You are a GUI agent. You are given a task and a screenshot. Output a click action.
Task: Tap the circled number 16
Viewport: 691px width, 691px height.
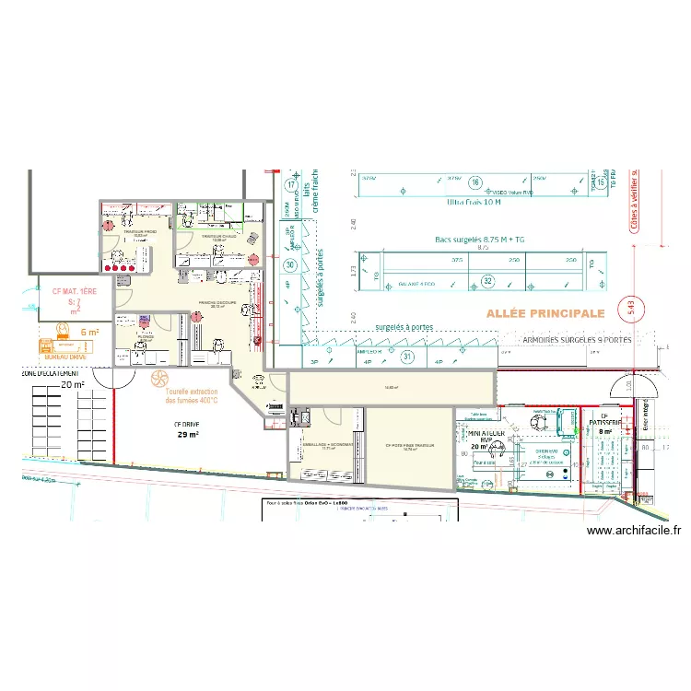pyautogui.click(x=475, y=182)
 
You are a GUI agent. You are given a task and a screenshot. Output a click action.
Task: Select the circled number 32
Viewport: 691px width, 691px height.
pyautogui.click(x=488, y=281)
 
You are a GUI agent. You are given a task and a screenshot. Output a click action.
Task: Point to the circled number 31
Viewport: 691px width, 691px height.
pyautogui.click(x=407, y=357)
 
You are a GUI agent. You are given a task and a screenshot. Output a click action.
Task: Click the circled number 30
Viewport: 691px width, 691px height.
pyautogui.click(x=290, y=266)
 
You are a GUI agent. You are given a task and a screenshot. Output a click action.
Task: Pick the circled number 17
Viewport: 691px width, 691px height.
pyautogui.click(x=290, y=186)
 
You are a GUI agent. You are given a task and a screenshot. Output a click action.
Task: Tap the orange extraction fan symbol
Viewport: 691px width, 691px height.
pyautogui.click(x=158, y=379)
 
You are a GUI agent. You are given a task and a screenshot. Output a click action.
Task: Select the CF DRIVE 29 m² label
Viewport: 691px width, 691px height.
pyautogui.click(x=187, y=429)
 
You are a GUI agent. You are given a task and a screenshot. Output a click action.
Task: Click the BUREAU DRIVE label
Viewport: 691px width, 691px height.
pyautogui.click(x=66, y=355)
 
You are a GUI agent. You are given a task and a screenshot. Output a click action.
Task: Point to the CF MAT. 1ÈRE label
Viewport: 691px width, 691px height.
pyautogui.click(x=74, y=291)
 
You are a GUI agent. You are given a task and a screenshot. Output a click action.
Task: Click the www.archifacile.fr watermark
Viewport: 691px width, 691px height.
pyautogui.click(x=634, y=530)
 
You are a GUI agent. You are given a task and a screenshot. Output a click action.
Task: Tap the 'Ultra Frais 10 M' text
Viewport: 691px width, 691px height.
pyautogui.click(x=474, y=203)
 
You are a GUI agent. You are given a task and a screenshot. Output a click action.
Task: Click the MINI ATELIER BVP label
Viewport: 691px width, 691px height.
pyautogui.click(x=486, y=435)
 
